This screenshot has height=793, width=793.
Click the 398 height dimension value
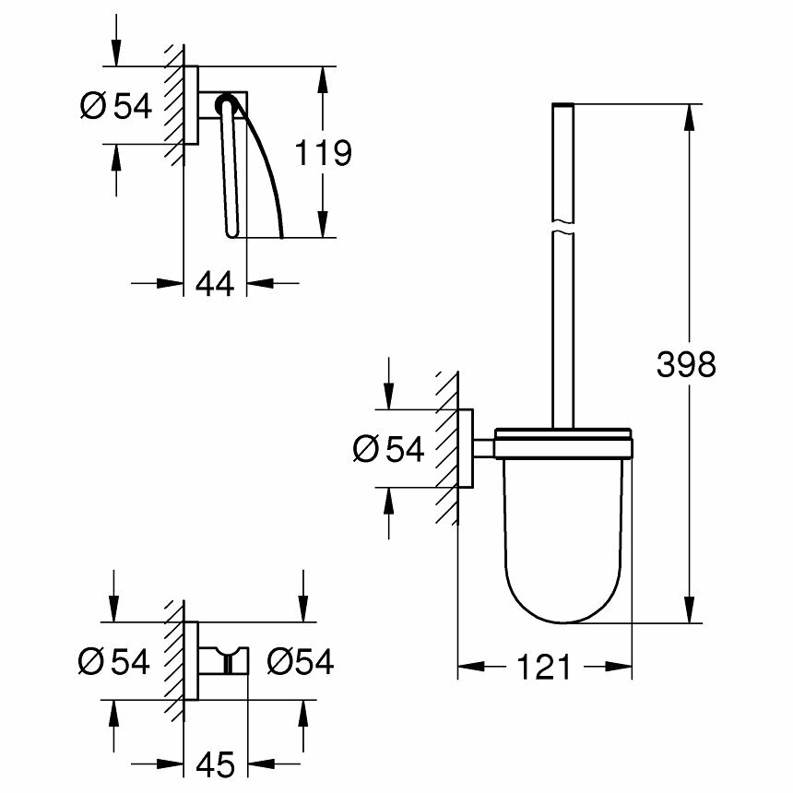point(686,364)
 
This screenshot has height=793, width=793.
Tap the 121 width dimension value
point(543,667)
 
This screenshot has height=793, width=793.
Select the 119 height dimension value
point(323,152)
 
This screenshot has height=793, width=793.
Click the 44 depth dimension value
point(215,283)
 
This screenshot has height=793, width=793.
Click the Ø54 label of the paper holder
point(115,106)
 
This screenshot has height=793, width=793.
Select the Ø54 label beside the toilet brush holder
point(388,449)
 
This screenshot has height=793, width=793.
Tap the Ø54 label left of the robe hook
point(113,661)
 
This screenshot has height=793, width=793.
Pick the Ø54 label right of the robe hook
point(300,661)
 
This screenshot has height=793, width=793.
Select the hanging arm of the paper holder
point(231,175)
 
